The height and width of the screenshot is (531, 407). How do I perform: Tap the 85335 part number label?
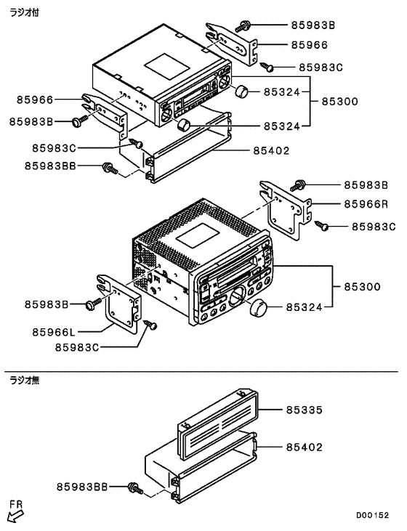click(303, 410)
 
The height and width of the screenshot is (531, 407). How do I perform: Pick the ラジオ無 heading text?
click(23, 379)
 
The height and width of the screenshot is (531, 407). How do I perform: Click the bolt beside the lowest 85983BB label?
click(134, 487)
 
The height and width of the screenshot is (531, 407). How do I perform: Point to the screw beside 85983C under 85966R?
click(324, 226)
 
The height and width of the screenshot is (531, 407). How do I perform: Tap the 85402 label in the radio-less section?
click(303, 447)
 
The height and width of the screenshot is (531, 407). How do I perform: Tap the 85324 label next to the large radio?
click(303, 308)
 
